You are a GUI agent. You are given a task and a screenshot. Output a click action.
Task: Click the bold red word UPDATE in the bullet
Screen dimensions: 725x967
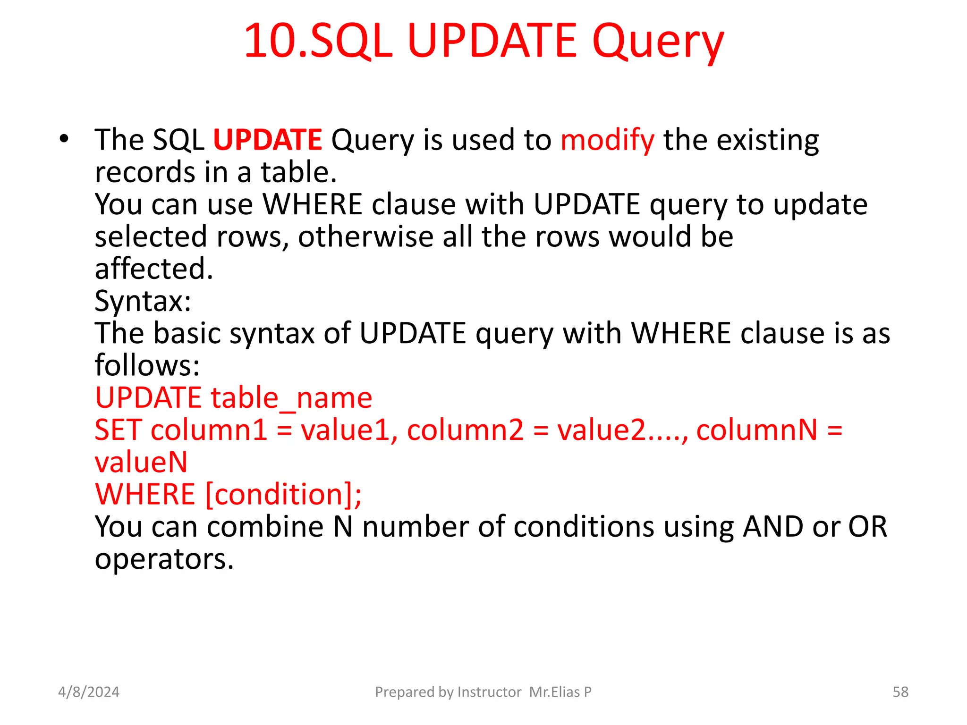coord(267,140)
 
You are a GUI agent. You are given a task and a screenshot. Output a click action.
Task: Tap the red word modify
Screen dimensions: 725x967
coord(607,141)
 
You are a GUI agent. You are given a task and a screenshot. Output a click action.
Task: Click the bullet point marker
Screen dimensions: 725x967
coord(64,139)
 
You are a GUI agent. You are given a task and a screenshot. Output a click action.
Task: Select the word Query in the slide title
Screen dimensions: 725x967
coord(658,42)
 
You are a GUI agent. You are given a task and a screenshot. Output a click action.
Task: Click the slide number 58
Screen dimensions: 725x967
coord(900,692)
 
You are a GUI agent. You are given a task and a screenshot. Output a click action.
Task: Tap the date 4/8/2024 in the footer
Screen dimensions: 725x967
coord(89,692)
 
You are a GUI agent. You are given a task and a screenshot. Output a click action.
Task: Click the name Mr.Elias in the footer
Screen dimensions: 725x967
coord(554,692)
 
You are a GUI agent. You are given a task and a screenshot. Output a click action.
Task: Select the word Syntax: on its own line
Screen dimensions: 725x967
coord(143,301)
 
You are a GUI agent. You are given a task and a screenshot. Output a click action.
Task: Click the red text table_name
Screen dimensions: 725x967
coord(291,398)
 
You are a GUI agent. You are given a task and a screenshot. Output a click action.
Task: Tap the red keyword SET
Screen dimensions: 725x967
coord(118,430)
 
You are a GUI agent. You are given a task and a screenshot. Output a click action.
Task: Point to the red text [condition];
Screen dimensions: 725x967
coord(284,494)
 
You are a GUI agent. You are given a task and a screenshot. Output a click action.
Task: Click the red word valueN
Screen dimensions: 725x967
coord(141,462)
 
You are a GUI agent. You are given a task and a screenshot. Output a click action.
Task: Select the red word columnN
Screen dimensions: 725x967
coord(756,430)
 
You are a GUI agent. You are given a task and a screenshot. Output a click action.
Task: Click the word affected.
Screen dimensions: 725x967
coord(154,269)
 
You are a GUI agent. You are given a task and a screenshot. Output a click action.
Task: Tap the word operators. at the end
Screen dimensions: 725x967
coord(164,559)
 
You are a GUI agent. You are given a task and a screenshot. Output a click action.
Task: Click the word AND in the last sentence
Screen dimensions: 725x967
coord(772,527)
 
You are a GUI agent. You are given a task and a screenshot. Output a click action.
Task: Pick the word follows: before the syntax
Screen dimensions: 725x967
coord(147,365)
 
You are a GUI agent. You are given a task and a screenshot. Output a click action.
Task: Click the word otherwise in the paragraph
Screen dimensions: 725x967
coord(365,236)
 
